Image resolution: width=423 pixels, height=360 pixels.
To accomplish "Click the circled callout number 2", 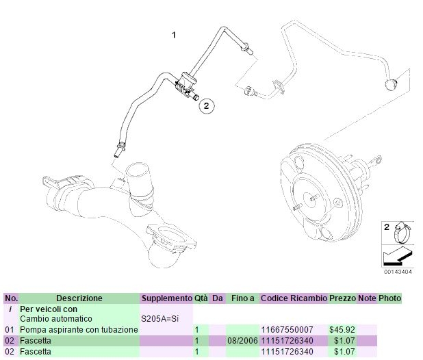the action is tap(207, 105).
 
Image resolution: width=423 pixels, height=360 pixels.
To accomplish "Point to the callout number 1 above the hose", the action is tap(174, 35).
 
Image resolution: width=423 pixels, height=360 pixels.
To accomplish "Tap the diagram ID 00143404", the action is tap(398, 272).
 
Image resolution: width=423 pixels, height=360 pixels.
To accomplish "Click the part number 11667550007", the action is tap(287, 330).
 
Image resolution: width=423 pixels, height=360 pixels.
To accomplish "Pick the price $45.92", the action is tap(342, 330).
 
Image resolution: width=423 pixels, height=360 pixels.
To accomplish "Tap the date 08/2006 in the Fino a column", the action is tap(242, 341).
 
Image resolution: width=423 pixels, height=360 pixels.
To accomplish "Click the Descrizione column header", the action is tap(79, 298).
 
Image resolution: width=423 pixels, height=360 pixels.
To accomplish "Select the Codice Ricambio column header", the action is tap(294, 298).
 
